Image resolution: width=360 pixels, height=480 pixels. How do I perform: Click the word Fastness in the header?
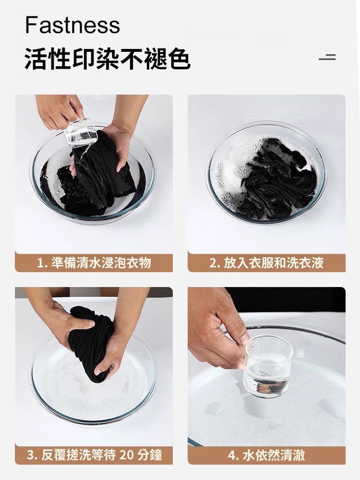coord(72,25)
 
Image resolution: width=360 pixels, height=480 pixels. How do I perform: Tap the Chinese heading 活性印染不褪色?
coord(108,60)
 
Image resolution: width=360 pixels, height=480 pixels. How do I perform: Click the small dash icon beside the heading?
coord(327,58)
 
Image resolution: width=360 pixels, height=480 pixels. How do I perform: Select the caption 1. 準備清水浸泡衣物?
coord(94,263)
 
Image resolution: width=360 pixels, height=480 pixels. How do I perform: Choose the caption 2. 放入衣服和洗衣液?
coord(266,263)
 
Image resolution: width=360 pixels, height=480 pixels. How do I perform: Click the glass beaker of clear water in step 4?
coord(267,367)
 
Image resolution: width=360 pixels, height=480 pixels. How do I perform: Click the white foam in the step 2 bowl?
coord(235,163)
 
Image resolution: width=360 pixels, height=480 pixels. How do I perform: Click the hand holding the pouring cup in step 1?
coord(58,110)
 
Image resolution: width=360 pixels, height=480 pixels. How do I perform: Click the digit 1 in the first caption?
coord(40,263)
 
